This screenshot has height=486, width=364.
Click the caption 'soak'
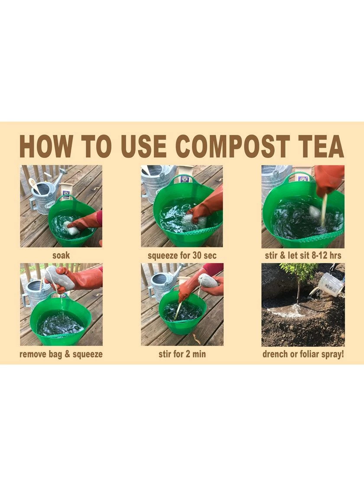pos(61,256)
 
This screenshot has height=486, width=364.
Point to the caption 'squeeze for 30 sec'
pos(182,256)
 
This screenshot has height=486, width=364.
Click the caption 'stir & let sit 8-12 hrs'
pos(303,256)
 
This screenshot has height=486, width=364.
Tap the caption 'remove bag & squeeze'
pos(61,354)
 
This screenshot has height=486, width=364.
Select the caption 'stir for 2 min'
pos(182,354)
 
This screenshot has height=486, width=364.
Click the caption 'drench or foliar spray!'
pos(303,354)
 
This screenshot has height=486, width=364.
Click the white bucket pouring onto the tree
pos(331,284)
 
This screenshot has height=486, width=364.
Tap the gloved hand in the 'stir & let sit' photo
pos(329,178)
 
